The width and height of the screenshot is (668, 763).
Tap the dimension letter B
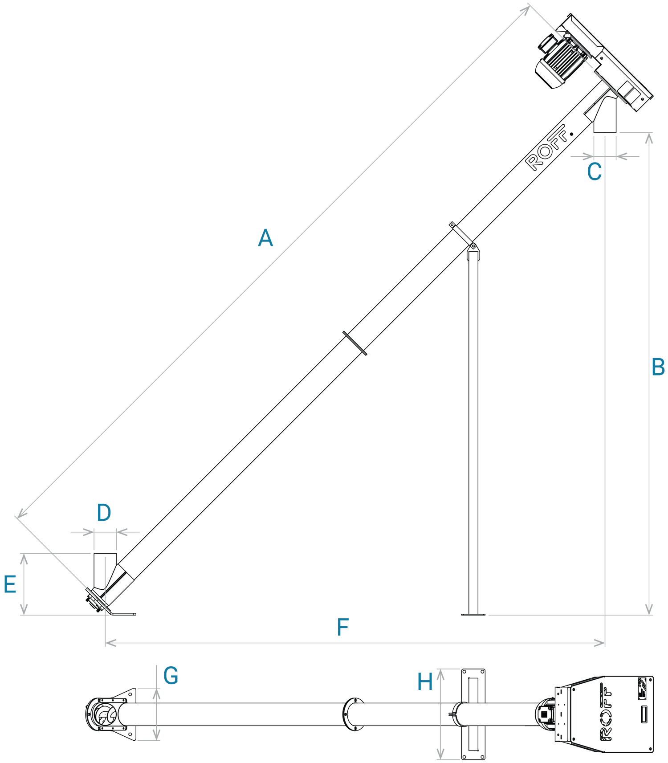(658, 367)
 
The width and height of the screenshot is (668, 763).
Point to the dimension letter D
(104, 513)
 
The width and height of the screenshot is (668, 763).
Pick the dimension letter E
(10, 584)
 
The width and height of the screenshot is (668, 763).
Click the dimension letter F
(343, 627)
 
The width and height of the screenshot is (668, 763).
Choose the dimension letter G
(171, 676)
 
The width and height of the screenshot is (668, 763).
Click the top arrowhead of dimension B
(649, 138)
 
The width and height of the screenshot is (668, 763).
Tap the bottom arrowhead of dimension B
(649, 609)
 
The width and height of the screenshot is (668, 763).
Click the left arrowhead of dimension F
(110, 643)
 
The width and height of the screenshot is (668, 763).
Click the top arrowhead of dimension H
(440, 675)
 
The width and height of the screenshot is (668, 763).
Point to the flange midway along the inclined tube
(355, 343)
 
